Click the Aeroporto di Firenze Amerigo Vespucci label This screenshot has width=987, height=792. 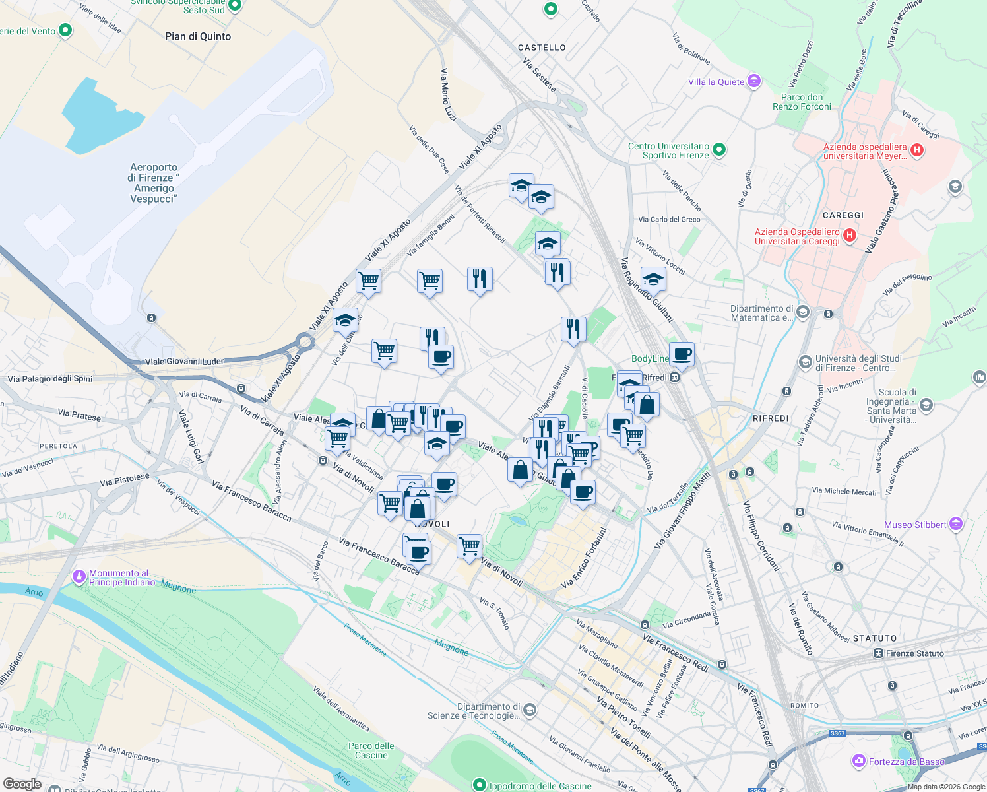point(154,183)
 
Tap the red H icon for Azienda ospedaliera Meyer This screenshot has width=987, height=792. point(916,150)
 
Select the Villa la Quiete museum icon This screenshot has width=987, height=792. point(754,82)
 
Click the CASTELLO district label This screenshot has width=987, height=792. point(542,48)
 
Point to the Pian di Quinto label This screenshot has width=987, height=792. point(198,36)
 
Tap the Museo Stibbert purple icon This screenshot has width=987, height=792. point(956,525)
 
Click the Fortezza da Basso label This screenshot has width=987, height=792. point(907,762)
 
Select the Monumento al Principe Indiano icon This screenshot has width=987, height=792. point(79,577)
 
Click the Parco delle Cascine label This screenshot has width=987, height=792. point(371,750)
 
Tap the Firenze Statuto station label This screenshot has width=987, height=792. point(914,653)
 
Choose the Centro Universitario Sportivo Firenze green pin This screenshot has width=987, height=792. point(719,150)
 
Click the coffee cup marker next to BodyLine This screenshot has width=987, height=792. point(682,354)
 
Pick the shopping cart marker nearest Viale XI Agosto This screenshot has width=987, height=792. point(368,280)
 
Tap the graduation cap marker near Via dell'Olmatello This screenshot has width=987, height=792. point(345,321)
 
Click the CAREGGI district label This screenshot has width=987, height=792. point(843,215)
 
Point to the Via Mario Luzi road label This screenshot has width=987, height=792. point(448,94)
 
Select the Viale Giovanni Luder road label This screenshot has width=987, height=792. point(184,361)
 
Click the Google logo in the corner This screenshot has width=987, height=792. point(22,784)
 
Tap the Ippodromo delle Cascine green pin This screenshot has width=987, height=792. point(480,785)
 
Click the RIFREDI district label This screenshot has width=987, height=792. point(771,418)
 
